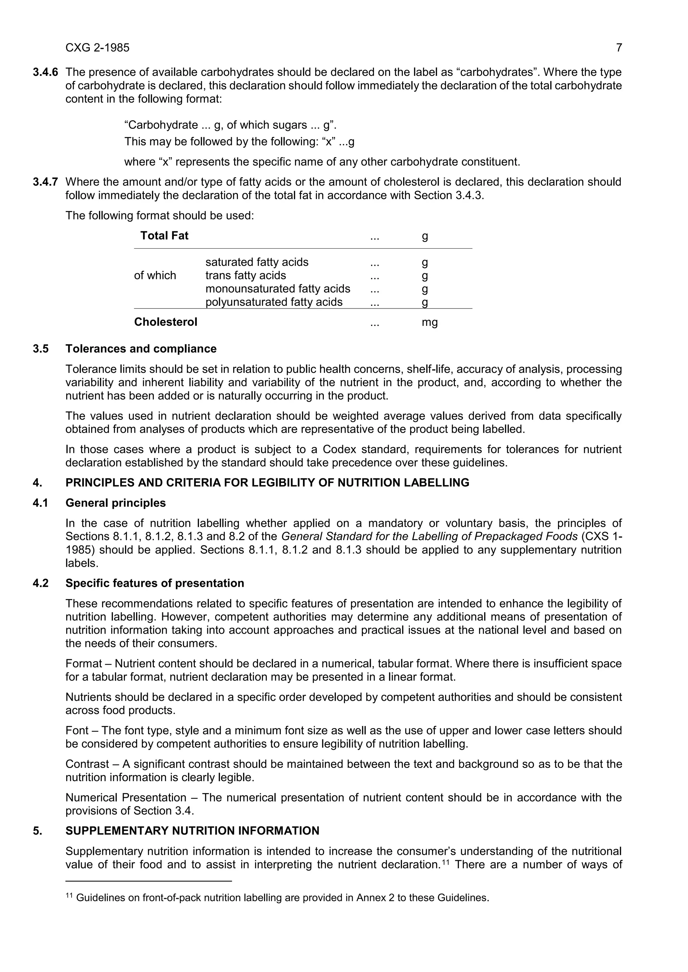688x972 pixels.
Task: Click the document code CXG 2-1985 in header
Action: tap(97, 48)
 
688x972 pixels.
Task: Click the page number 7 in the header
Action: tap(619, 48)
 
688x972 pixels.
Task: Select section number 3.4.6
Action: tap(45, 72)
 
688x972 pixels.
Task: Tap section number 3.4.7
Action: tap(45, 182)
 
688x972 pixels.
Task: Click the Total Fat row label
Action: tap(164, 236)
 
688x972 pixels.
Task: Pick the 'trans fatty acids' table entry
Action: tap(245, 276)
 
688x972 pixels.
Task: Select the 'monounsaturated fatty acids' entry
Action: tap(277, 289)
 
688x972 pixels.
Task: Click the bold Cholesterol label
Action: tap(166, 322)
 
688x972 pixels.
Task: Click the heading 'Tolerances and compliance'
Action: tap(141, 349)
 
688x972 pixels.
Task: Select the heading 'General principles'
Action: tap(115, 503)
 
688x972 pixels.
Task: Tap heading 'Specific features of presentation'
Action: tap(155, 583)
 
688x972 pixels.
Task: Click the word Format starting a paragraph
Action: tap(83, 664)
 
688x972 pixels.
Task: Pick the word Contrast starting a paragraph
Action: tap(87, 764)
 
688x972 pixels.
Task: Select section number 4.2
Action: tap(40, 583)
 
